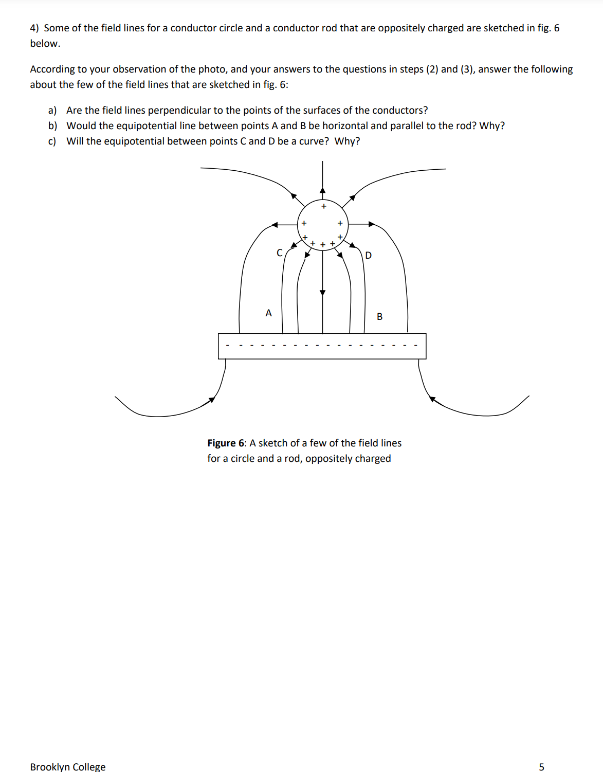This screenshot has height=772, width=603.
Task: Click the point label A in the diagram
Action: [x=268, y=313]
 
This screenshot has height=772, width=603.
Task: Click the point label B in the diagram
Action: [x=379, y=316]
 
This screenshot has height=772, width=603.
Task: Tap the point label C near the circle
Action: [x=280, y=253]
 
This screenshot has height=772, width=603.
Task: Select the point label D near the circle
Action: [x=368, y=255]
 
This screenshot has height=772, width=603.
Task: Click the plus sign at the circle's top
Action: [x=323, y=206]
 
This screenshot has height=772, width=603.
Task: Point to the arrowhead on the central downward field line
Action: [x=322, y=292]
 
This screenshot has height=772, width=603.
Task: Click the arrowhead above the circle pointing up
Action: [x=322, y=190]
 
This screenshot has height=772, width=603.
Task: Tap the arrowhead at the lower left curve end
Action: [x=212, y=400]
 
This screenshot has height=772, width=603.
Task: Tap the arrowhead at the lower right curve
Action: [x=432, y=399]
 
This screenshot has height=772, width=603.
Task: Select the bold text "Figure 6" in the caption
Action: [x=226, y=443]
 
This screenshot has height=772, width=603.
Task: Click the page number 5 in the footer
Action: [x=541, y=767]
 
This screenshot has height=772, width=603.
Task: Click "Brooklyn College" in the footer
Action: [x=68, y=767]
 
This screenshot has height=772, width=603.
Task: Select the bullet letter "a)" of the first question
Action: [x=52, y=110]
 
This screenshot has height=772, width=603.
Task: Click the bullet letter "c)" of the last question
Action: [x=52, y=141]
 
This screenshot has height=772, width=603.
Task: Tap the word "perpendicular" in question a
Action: [x=179, y=110]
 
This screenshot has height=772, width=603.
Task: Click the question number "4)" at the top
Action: [x=34, y=28]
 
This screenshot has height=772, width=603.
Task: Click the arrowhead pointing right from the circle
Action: [x=372, y=224]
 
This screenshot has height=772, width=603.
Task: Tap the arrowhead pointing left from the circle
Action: [x=275, y=224]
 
